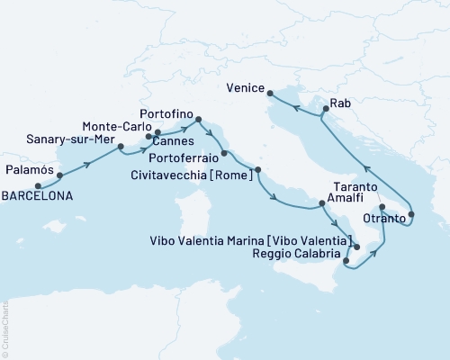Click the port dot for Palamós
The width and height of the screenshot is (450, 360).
coord(59,175)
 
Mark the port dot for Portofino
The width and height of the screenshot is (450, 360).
coord(198,117)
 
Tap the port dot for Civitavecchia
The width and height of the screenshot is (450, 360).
coord(258,169)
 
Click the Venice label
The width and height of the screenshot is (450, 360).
coord(247,89)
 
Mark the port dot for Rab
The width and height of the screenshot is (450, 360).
coord(321,112)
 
